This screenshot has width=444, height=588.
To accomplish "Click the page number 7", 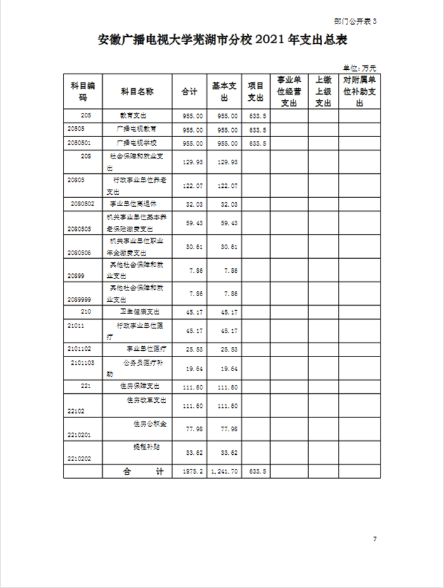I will tap(375, 539).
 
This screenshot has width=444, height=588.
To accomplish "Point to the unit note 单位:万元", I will tap(360, 67).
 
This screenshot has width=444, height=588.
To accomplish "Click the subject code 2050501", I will tap(79, 143).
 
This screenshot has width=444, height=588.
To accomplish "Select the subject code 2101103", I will tap(83, 363).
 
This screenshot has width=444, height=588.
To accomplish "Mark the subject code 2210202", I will tap(79, 457).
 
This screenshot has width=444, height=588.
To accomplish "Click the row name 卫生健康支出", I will tap(140, 312).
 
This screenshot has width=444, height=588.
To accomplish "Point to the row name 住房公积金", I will tap(150, 422).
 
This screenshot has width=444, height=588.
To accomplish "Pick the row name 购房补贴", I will tap(146, 447).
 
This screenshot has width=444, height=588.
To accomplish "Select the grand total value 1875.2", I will tap(193, 472).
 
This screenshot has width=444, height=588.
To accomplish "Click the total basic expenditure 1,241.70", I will tap(225, 472).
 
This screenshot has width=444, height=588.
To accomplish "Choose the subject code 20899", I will tap(75, 277).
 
